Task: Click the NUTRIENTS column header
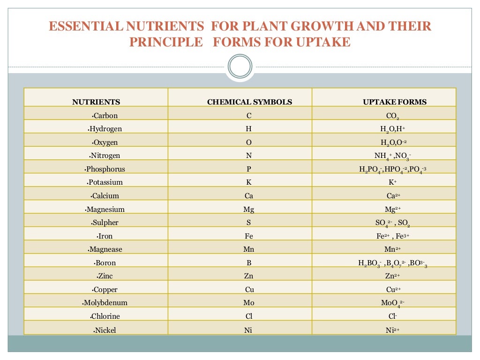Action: (x=96, y=102)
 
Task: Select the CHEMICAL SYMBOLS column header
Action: (x=249, y=102)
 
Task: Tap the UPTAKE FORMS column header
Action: (x=395, y=102)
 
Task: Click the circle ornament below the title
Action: (x=240, y=66)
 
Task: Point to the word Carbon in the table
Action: (x=105, y=116)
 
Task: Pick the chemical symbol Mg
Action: (x=249, y=210)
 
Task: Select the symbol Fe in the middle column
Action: (x=249, y=236)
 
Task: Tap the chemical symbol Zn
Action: (x=249, y=277)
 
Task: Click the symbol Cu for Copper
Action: (x=249, y=290)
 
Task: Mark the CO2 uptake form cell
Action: (x=392, y=116)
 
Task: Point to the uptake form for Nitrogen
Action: (x=392, y=156)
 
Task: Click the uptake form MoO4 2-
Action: (x=392, y=303)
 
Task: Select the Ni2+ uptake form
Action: (x=392, y=330)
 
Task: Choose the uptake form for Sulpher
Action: (x=392, y=223)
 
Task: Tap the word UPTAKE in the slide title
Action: (x=323, y=42)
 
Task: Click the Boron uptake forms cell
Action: (x=392, y=263)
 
